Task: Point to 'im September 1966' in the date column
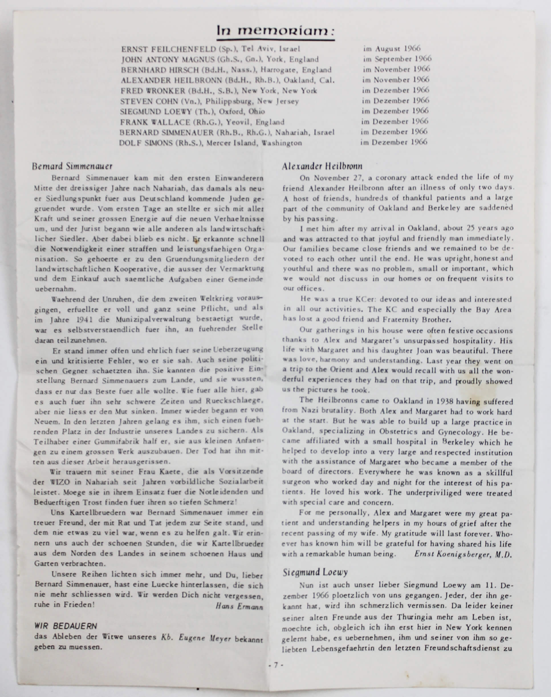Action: coord(397,59)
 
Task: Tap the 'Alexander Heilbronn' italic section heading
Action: coord(322,166)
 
